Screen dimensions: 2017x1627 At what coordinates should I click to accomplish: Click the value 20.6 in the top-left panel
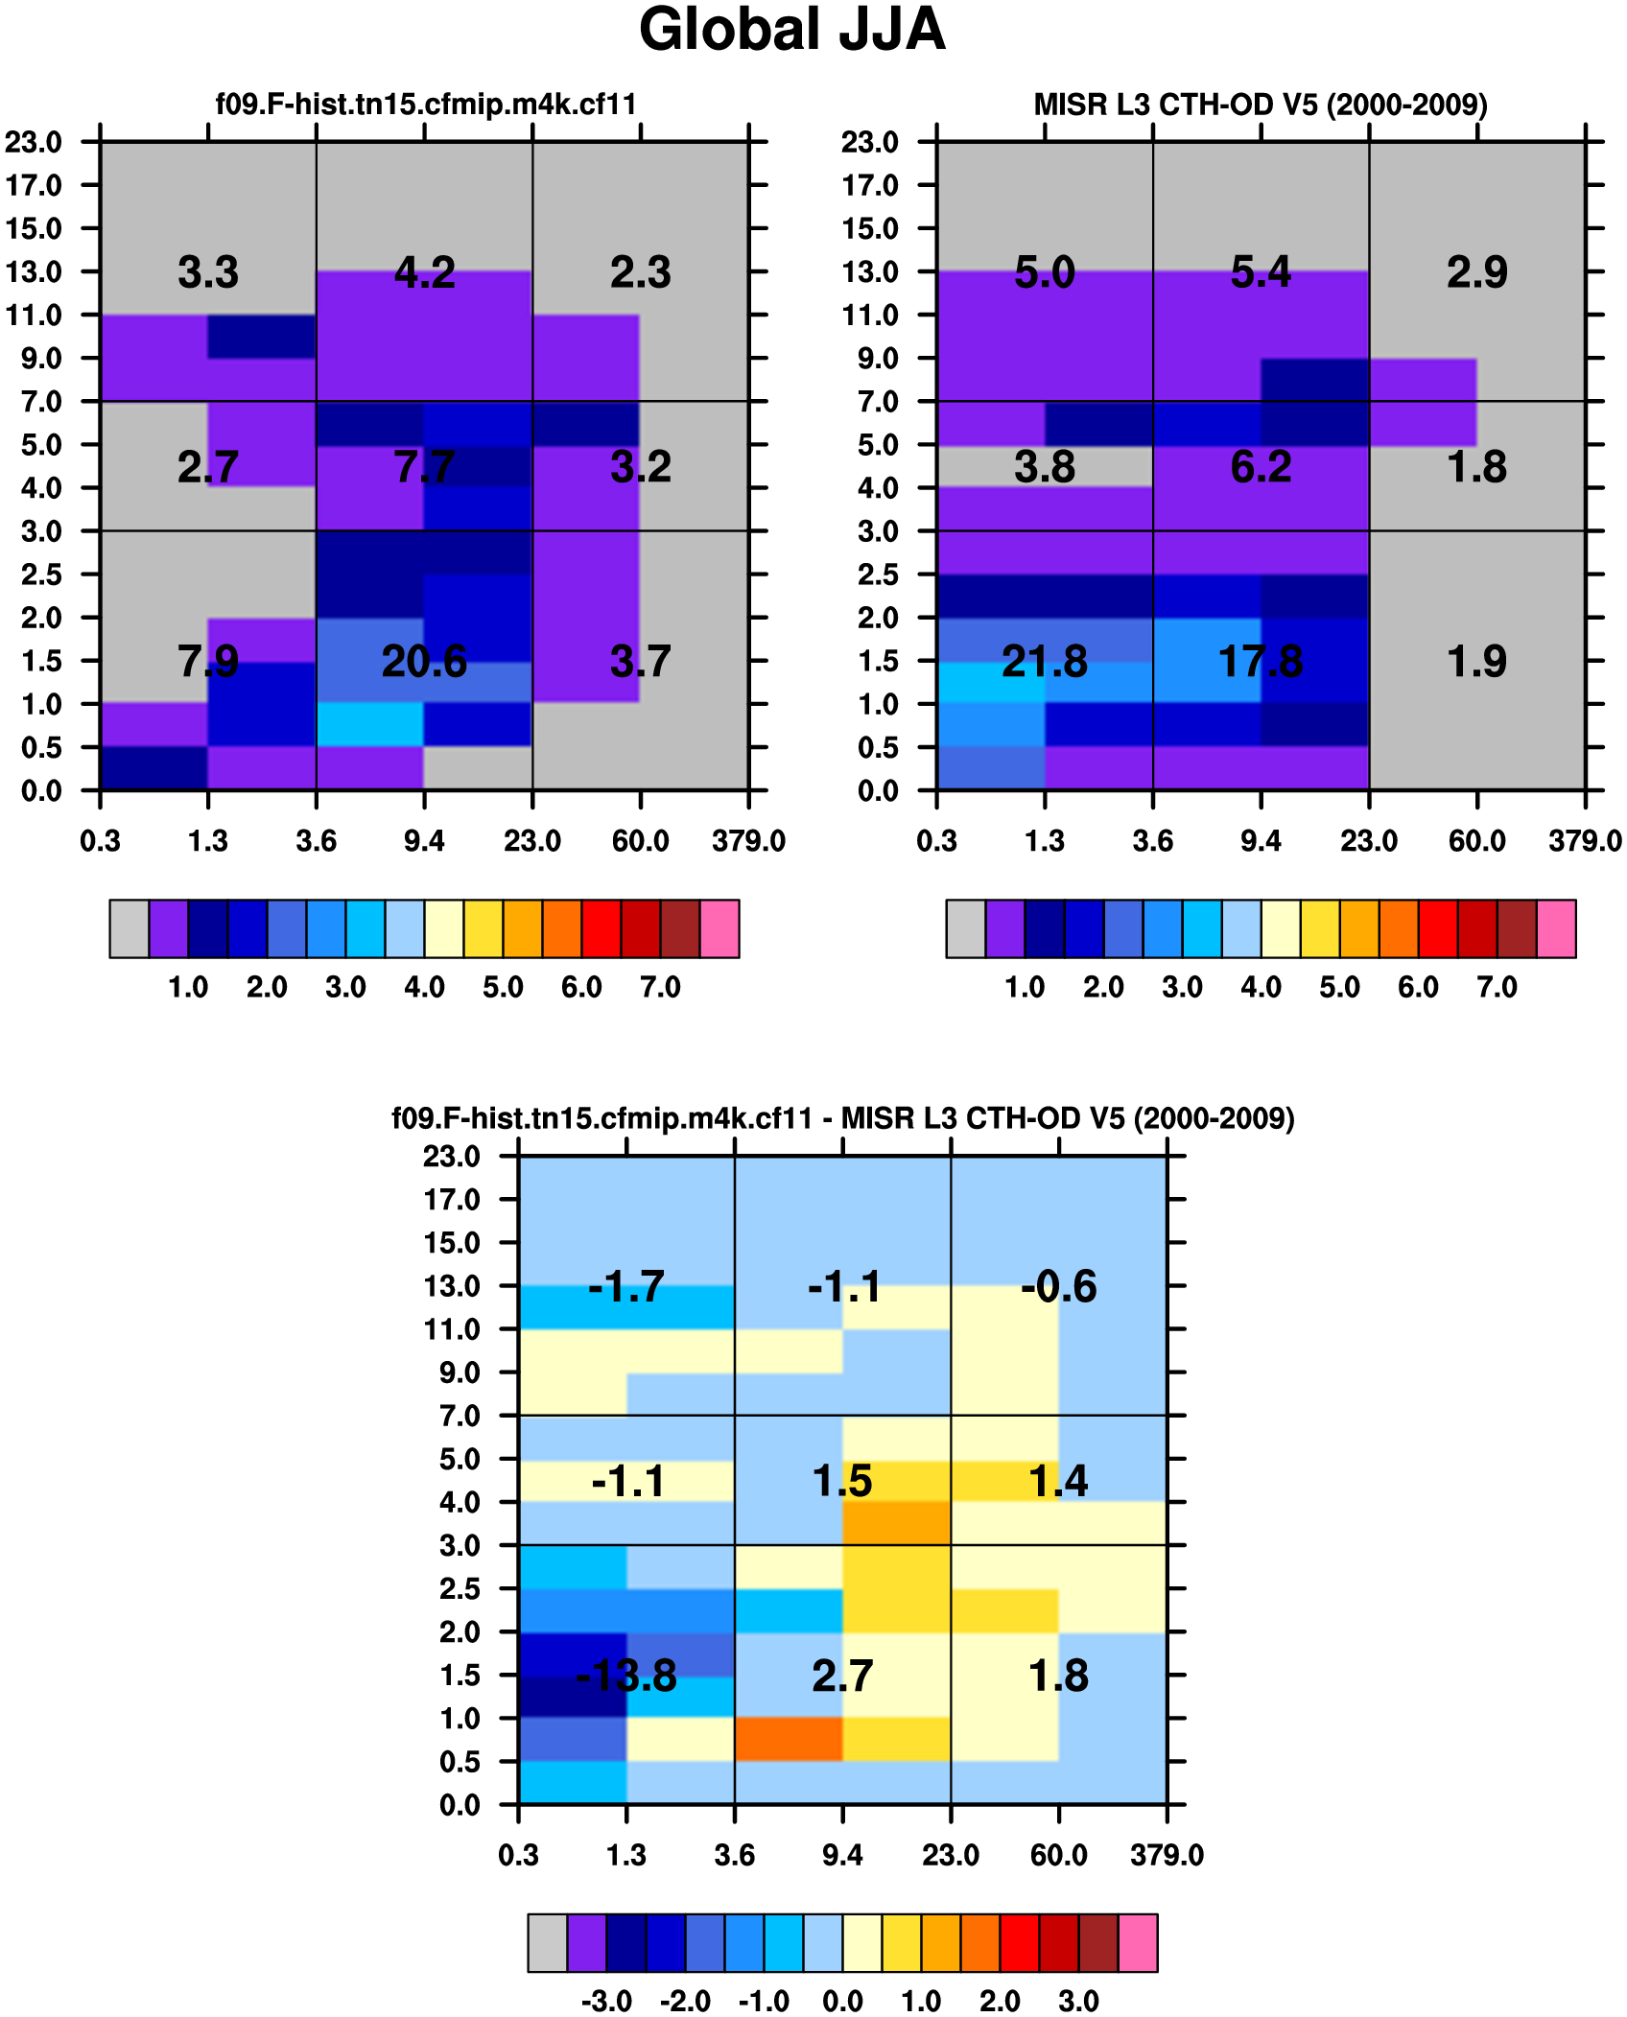click(x=424, y=662)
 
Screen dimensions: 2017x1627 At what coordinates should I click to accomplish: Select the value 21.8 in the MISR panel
click(x=1044, y=662)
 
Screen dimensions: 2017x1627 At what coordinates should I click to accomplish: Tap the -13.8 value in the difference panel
click(x=626, y=1676)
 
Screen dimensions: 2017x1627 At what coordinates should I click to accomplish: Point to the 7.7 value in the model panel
click(x=424, y=467)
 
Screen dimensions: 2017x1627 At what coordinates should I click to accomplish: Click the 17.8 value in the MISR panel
click(x=1261, y=662)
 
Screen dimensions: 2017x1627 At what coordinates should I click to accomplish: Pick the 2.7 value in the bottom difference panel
click(x=842, y=1676)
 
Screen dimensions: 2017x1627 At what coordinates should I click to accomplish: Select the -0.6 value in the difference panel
click(x=1058, y=1286)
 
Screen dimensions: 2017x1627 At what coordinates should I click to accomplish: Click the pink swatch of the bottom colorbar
click(x=1138, y=1942)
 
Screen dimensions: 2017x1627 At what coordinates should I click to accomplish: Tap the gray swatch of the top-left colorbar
click(x=130, y=928)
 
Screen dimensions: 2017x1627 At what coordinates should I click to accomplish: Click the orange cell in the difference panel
click(x=789, y=1739)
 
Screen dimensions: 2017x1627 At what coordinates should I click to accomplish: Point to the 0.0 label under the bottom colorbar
click(x=842, y=2001)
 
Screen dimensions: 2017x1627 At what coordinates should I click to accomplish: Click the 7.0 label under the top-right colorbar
click(x=1497, y=987)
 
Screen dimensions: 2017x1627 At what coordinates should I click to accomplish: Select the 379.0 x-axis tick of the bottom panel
click(x=1167, y=1855)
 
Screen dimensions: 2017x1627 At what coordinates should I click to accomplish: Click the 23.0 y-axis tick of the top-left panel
click(x=34, y=142)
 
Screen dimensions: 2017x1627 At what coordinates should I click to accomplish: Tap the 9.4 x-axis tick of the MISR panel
click(x=1261, y=841)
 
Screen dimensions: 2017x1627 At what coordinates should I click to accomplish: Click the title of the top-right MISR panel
click(x=1261, y=104)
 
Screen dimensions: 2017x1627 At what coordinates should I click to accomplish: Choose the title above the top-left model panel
click(x=426, y=104)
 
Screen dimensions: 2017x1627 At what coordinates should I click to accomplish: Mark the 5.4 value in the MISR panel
click(x=1261, y=272)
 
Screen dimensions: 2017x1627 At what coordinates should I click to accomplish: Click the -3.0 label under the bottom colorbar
click(x=606, y=2001)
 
